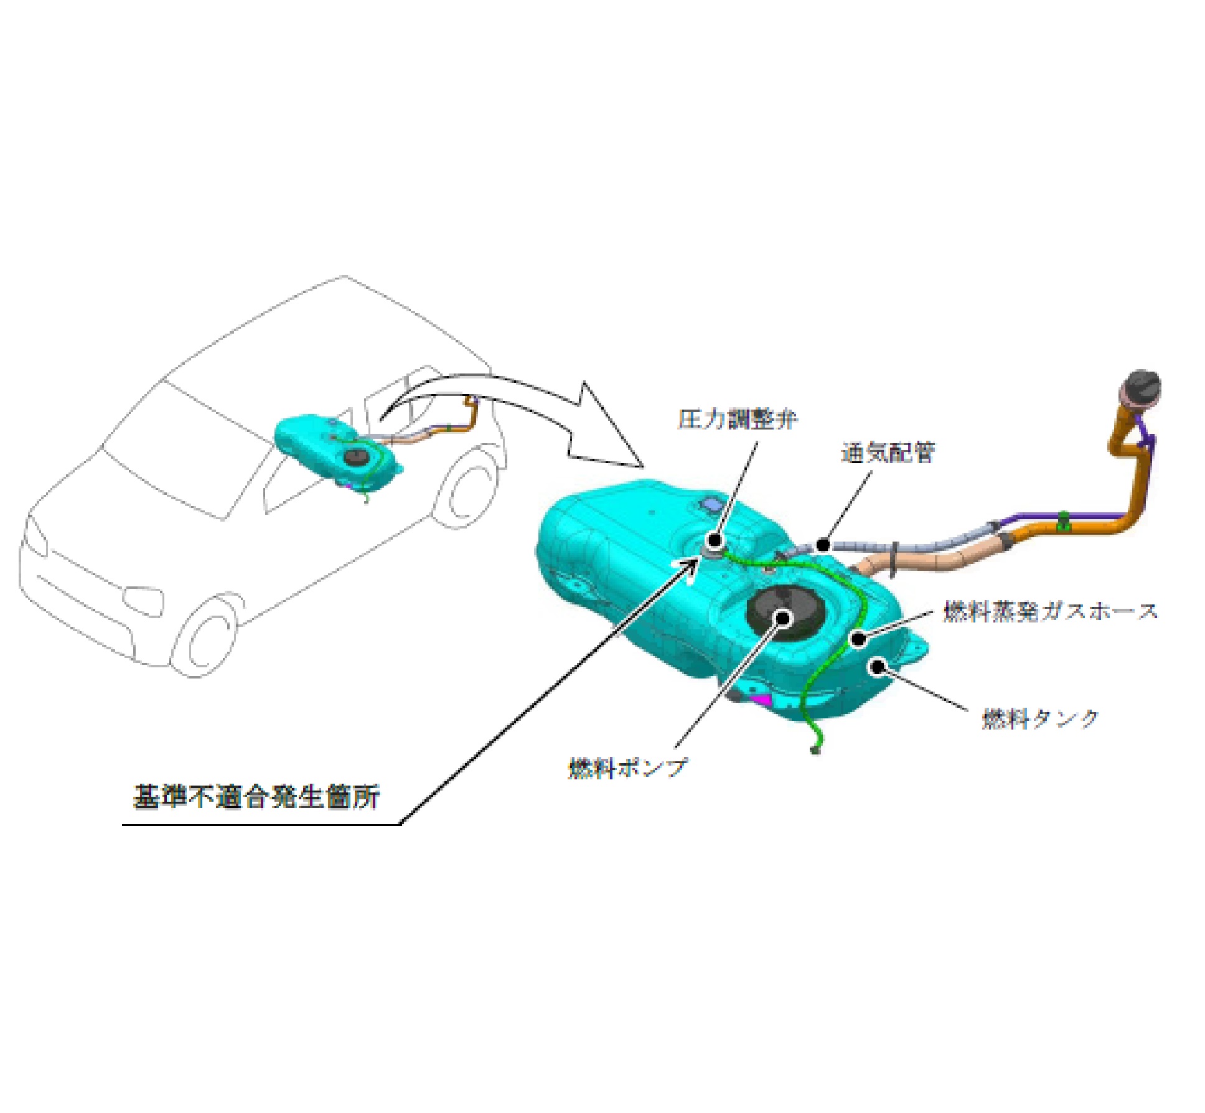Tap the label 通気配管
pos(888,453)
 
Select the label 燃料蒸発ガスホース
pos(1051,611)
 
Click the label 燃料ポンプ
pos(627,767)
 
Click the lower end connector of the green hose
pos(816,751)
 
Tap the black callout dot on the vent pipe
pos(823,545)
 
